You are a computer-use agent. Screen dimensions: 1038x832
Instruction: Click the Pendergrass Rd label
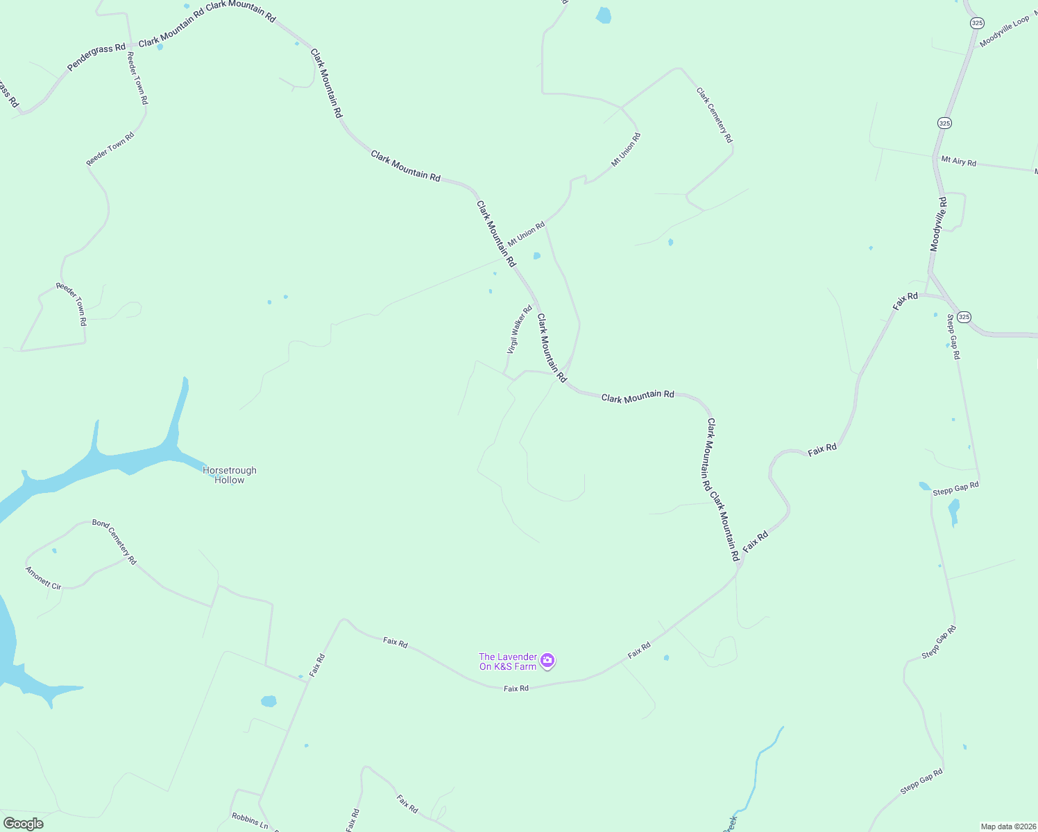(x=96, y=58)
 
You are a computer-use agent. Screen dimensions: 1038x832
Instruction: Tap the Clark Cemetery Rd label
(x=715, y=115)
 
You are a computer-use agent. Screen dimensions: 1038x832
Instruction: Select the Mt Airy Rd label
(x=958, y=162)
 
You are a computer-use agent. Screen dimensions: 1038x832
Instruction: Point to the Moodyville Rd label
(x=938, y=224)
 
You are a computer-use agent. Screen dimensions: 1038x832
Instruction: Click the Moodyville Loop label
(x=1004, y=32)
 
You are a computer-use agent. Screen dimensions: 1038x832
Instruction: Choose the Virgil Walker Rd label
(x=519, y=330)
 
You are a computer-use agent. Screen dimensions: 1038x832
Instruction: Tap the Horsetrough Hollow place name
(x=230, y=475)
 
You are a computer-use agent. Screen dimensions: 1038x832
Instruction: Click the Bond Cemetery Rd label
(x=114, y=541)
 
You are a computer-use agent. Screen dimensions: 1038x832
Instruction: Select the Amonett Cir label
(x=44, y=578)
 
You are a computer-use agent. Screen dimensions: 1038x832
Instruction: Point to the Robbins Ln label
(x=250, y=821)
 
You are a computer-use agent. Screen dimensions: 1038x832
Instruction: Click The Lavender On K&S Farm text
(x=508, y=661)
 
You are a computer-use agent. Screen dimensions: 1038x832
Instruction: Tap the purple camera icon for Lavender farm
(x=547, y=661)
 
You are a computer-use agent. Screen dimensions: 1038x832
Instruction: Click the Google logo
(x=23, y=824)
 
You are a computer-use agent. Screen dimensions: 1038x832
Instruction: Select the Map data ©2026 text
(x=1007, y=826)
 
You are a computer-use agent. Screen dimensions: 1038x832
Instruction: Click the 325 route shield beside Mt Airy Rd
(x=944, y=123)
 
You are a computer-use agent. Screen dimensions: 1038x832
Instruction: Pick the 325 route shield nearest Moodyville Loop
(x=977, y=23)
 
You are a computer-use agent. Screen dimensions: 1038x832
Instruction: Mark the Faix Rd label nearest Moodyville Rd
(x=905, y=301)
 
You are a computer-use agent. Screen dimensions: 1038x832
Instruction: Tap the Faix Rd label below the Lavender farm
(x=516, y=688)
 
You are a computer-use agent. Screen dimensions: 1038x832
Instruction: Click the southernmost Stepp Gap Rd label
(x=921, y=781)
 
